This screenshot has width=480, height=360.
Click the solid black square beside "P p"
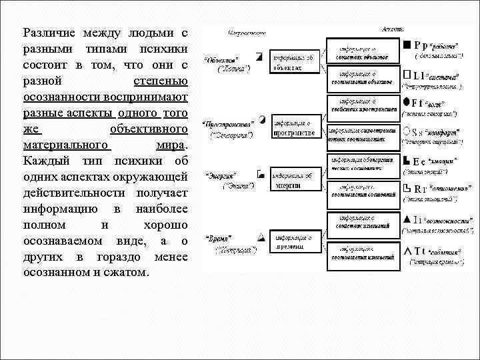tap(407, 45)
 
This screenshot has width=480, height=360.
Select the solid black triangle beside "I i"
tap(406, 219)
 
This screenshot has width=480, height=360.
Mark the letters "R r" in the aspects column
tap(421, 189)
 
